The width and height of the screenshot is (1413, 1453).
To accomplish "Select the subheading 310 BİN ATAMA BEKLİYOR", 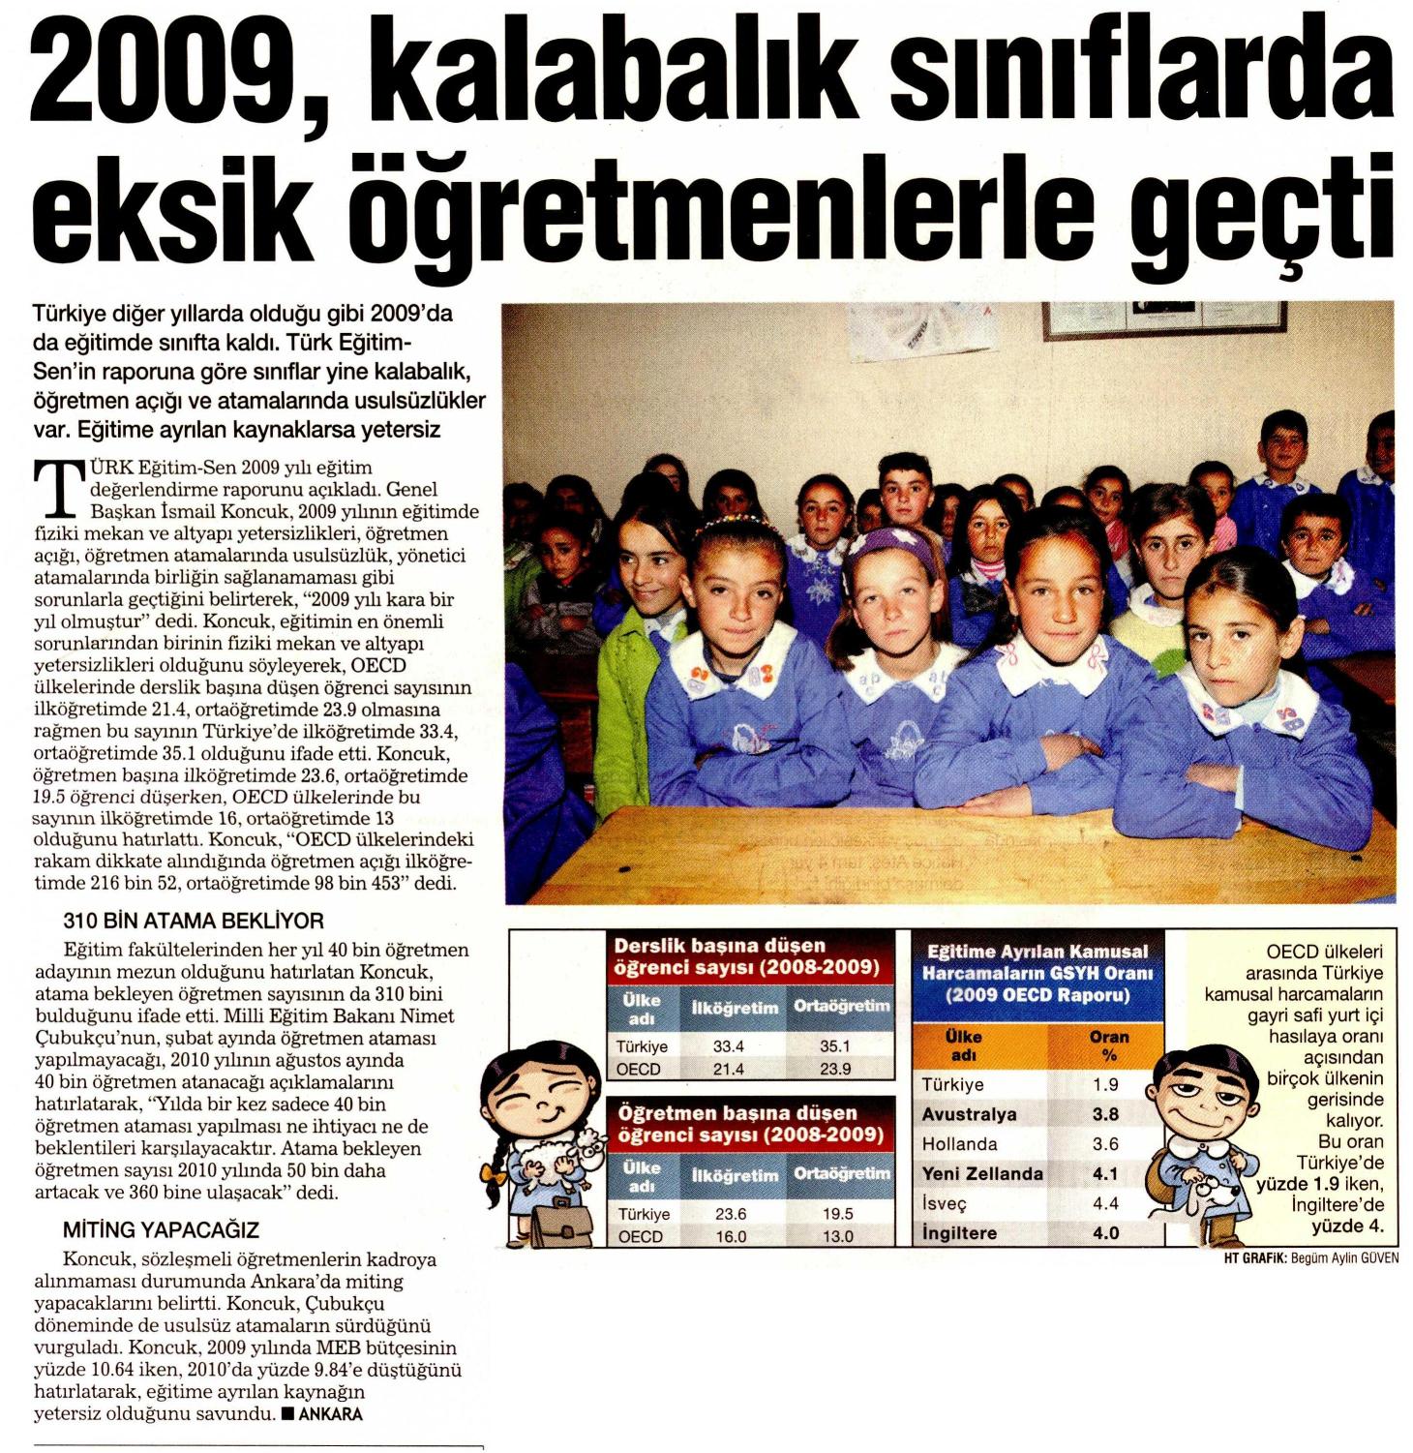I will click(194, 921).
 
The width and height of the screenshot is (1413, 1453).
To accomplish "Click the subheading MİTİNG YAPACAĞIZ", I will click(162, 1230).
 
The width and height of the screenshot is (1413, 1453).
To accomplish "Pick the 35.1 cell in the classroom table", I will click(834, 1046).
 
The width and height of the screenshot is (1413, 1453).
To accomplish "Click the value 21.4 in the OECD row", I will click(728, 1070).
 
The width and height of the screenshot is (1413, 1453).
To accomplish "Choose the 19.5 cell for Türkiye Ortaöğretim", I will click(836, 1214).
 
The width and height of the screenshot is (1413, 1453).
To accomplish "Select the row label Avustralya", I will click(969, 1114).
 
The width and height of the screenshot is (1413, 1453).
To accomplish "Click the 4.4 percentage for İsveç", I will click(1105, 1203).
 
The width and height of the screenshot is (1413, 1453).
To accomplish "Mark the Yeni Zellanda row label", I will click(982, 1174).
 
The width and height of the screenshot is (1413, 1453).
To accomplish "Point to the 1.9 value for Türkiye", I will click(1105, 1085).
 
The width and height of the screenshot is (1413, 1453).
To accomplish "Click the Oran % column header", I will click(1108, 1044).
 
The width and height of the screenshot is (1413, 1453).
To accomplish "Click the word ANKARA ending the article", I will click(331, 1414).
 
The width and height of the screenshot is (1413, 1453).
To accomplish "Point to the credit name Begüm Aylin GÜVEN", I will click(1344, 1258).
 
